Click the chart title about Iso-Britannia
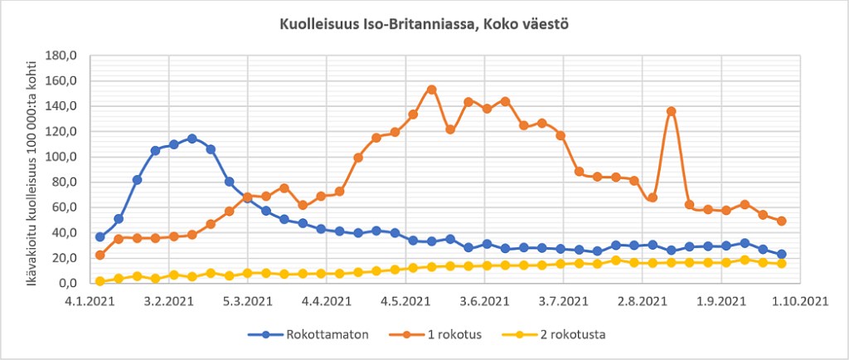click(x=424, y=25)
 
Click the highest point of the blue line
click(x=192, y=139)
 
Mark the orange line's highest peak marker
click(x=431, y=90)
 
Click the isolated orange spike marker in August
click(x=672, y=111)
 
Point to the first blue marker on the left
click(x=100, y=237)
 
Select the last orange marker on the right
click(x=781, y=221)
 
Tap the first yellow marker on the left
click(x=100, y=281)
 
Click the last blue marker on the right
click(x=781, y=255)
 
